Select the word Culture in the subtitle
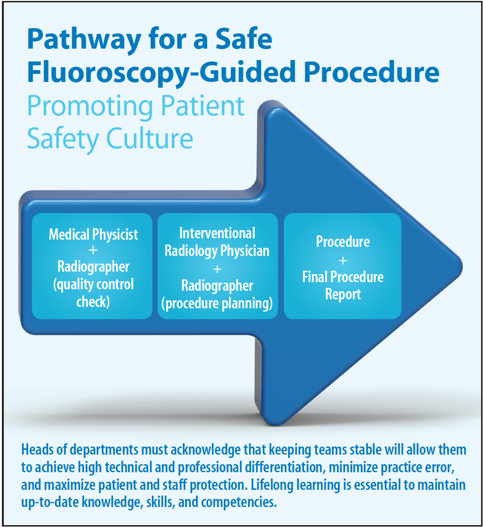tap(150, 138)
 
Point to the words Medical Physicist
tap(93, 234)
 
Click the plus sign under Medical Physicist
tap(93, 250)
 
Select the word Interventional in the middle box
tap(217, 233)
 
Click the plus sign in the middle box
tap(217, 269)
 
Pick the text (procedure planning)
tap(217, 304)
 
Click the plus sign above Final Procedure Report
tap(342, 260)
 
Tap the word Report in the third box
tap(342, 294)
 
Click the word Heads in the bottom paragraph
tap(37, 450)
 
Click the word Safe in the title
tap(243, 40)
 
